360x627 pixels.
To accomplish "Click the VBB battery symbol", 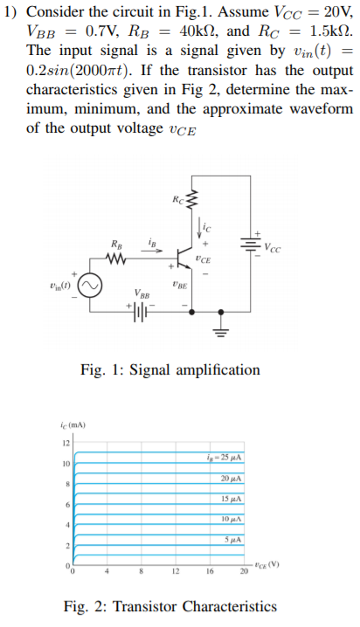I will (x=141, y=310).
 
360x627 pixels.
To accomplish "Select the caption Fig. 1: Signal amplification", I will (x=170, y=369).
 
